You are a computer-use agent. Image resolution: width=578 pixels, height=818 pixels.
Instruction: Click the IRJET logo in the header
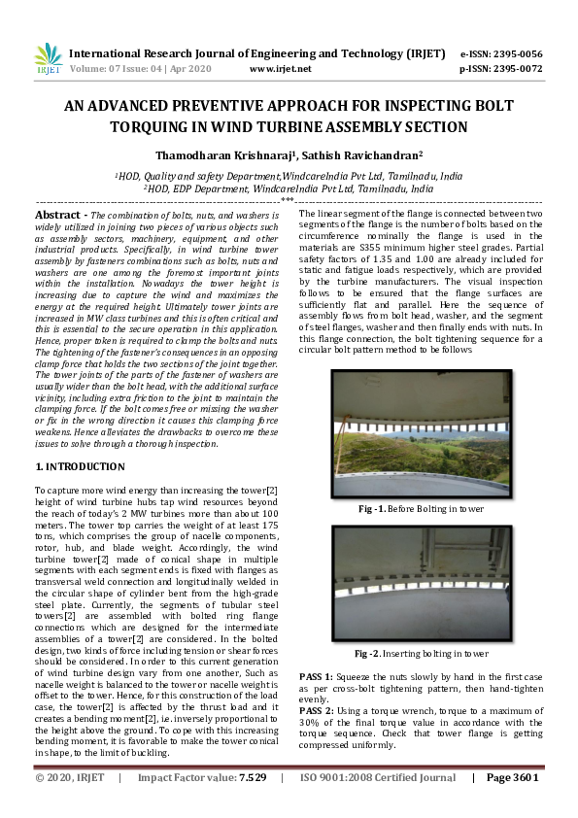(48, 60)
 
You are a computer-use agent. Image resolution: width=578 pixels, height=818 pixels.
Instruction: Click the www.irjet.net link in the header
(280, 69)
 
